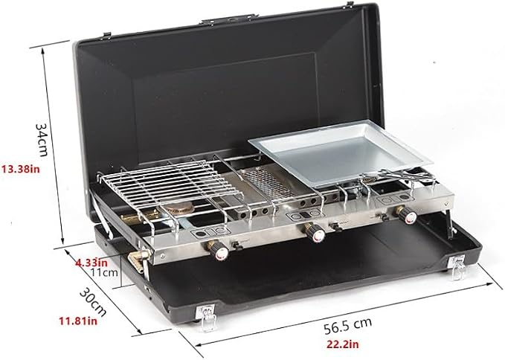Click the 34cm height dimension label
(42, 139)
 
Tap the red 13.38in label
(21, 169)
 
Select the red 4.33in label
(91, 263)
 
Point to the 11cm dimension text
(104, 273)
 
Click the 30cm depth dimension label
(93, 302)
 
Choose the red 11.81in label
(78, 321)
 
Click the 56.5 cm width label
(347, 326)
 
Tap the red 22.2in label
(343, 344)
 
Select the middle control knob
(315, 233)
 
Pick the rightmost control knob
(408, 215)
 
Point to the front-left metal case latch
(206, 317)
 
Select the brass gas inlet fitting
(139, 259)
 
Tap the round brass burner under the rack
(179, 209)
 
